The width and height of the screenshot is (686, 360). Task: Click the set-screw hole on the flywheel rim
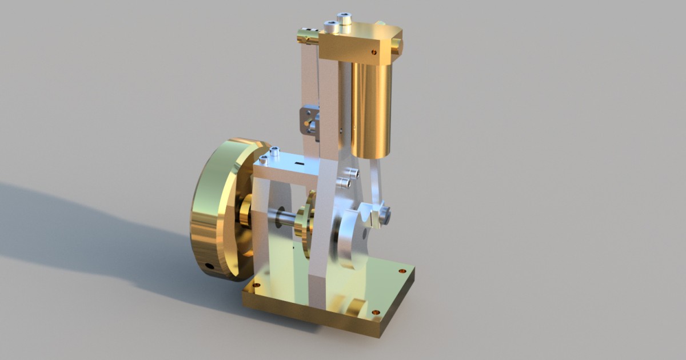point(210,266)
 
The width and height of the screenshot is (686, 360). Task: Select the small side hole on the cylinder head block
point(374,52)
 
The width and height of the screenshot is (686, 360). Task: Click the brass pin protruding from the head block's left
point(308,38)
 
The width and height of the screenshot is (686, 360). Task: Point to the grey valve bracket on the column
point(309,121)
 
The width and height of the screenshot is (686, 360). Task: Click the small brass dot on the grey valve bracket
point(308,122)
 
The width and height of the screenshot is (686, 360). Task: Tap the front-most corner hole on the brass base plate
point(375,313)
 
